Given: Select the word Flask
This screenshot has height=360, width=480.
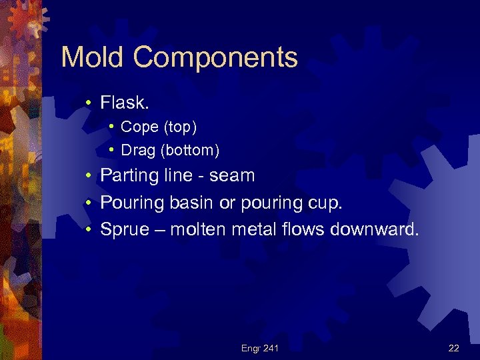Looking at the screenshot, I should coord(124,103).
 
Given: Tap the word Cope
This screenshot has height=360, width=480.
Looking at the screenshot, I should coord(138,127).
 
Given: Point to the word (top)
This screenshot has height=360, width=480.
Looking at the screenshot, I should coord(178,127).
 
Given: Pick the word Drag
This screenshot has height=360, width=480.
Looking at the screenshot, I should coord(138,151).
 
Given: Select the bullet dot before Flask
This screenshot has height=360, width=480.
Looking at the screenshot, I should coord(88,103).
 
